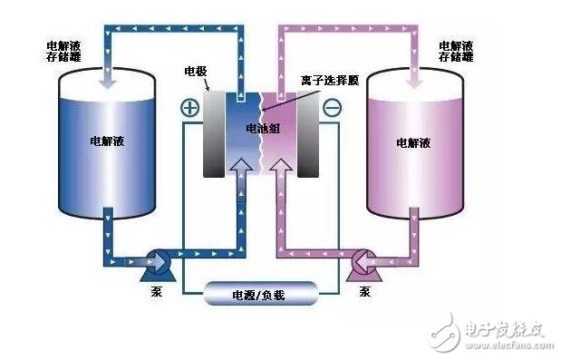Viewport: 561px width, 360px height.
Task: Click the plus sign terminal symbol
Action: click(190, 108)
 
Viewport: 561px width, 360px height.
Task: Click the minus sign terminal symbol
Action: click(332, 108)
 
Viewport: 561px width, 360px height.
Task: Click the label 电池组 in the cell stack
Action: click(263, 130)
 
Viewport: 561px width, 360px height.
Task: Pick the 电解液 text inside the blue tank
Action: click(106, 142)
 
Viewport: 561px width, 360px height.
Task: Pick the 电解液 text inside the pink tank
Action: click(414, 142)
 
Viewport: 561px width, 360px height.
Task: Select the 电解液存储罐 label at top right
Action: click(456, 51)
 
